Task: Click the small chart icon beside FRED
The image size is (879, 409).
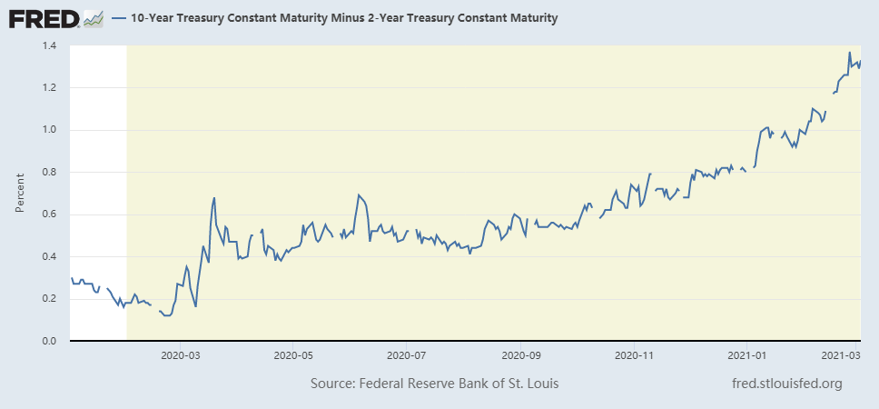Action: tap(94, 18)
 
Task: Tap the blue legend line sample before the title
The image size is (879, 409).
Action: tap(119, 18)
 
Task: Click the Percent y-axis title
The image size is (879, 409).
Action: tap(20, 194)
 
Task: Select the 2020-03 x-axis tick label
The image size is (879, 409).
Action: tap(179, 356)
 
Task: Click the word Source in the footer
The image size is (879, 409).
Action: tap(335, 384)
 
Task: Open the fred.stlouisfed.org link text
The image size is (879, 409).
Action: tap(786, 384)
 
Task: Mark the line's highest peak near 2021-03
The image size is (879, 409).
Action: tap(849, 53)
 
